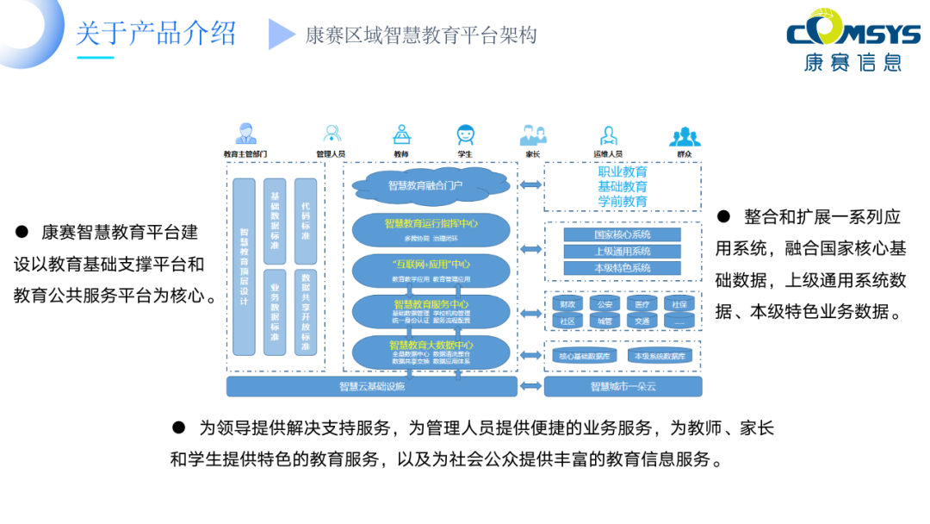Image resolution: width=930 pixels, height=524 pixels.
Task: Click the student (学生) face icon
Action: click(x=465, y=135)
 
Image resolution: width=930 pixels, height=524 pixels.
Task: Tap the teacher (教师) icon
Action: click(x=401, y=135)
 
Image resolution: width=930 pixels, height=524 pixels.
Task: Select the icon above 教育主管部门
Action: click(x=245, y=134)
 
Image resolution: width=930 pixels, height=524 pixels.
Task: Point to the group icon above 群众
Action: click(x=685, y=135)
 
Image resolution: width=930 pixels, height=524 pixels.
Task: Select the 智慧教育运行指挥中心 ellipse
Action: click(x=431, y=228)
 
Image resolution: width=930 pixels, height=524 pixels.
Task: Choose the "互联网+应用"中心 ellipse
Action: click(x=431, y=269)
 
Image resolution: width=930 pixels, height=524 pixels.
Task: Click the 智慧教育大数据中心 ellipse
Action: click(x=431, y=348)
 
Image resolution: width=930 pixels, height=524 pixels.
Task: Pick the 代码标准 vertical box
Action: click(x=306, y=221)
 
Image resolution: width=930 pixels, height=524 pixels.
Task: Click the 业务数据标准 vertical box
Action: click(x=275, y=311)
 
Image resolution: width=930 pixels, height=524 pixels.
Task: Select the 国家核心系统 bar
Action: click(x=622, y=234)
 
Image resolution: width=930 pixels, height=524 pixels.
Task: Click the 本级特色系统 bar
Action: click(x=622, y=268)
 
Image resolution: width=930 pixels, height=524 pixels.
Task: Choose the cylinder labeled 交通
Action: click(x=642, y=321)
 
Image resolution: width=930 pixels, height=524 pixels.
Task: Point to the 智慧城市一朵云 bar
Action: click(x=623, y=387)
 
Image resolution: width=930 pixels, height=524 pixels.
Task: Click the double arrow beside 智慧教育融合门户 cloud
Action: click(x=530, y=184)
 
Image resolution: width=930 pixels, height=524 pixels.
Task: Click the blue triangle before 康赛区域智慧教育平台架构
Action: click(x=282, y=34)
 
